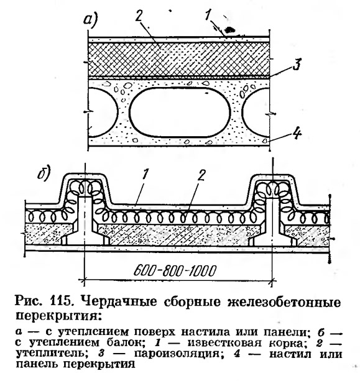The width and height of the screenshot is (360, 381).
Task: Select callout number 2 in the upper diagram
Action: [139, 16]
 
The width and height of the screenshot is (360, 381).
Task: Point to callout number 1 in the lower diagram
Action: [145, 175]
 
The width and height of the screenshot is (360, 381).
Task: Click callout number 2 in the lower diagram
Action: [201, 175]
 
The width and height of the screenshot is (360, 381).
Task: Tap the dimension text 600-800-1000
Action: [175, 271]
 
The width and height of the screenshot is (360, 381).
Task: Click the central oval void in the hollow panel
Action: [180, 112]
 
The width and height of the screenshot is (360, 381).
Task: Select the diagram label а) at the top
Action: [90, 19]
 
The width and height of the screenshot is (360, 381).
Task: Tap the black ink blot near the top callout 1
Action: [229, 30]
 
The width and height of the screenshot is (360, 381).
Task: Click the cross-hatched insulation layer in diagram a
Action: [178, 60]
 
